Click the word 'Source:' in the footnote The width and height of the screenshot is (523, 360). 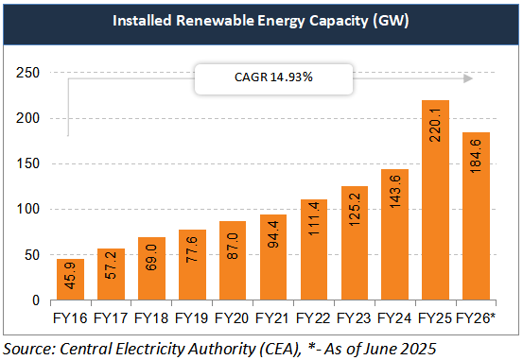pyautogui.click(x=33, y=347)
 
